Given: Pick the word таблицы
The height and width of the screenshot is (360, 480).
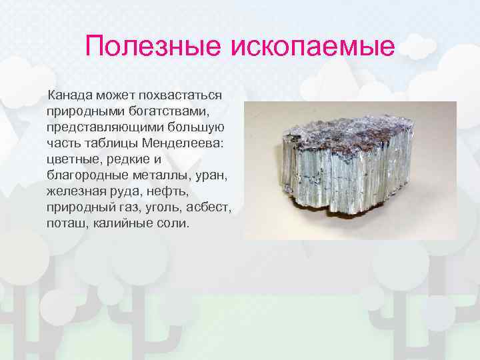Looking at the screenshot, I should coord(107,143).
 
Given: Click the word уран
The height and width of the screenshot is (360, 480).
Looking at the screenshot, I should coord(214,175).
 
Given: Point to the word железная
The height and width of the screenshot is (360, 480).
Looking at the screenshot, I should coord(77,191).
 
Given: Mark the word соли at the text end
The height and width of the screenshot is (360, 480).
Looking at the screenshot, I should coord(175,223).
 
